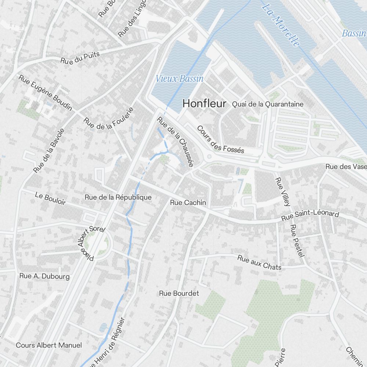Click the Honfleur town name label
click(204, 104)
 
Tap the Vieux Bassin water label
click(179, 79)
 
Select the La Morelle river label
click(281, 25)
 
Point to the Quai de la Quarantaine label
click(268, 104)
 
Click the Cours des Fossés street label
click(220, 140)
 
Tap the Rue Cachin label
click(188, 203)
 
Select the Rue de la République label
click(118, 197)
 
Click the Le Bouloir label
click(50, 198)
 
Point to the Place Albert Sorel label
click(91, 243)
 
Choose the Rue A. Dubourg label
click(44, 276)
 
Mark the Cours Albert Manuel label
click(49, 345)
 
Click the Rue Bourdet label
click(179, 293)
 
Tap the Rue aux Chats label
click(259, 263)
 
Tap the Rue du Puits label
click(80, 57)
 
